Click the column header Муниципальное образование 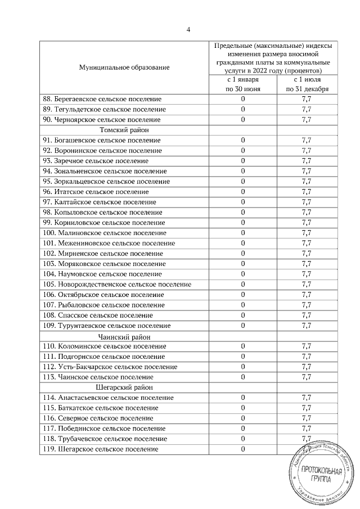pyautogui.click(x=124, y=67)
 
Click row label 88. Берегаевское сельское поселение pyautogui.click(x=102, y=99)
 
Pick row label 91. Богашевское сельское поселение pyautogui.click(x=102, y=140)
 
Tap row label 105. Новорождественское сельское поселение pyautogui.click(x=116, y=285)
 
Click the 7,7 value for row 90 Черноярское pyautogui.click(x=307, y=120)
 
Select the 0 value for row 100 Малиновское pyautogui.click(x=243, y=233)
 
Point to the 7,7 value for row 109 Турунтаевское pyautogui.click(x=307, y=326)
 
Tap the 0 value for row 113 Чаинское pyautogui.click(x=243, y=377)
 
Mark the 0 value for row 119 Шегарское pyautogui.click(x=243, y=449)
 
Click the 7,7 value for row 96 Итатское pyautogui.click(x=307, y=192)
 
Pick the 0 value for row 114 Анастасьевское pyautogui.click(x=243, y=398)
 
